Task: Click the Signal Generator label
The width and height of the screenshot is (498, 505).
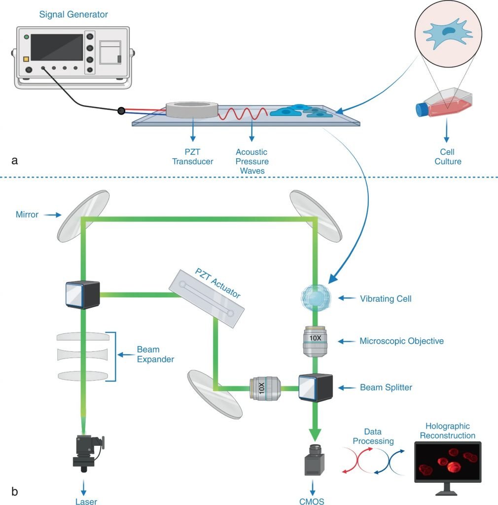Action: pyautogui.click(x=73, y=14)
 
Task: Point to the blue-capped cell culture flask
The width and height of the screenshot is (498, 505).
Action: pyautogui.click(x=443, y=104)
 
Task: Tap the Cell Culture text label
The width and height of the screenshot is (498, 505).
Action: pyautogui.click(x=448, y=156)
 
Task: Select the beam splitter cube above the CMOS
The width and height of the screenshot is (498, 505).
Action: pyautogui.click(x=316, y=388)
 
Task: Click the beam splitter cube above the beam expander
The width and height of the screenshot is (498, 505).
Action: pyautogui.click(x=82, y=295)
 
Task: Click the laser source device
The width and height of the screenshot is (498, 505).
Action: pyautogui.click(x=88, y=449)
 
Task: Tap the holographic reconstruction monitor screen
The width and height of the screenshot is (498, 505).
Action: pyautogui.click(x=448, y=462)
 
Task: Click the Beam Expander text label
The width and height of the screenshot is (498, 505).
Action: pyautogui.click(x=155, y=355)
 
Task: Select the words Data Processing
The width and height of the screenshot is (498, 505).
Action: pyautogui.click(x=373, y=436)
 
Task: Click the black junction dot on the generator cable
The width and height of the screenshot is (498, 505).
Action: pyautogui.click(x=121, y=111)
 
